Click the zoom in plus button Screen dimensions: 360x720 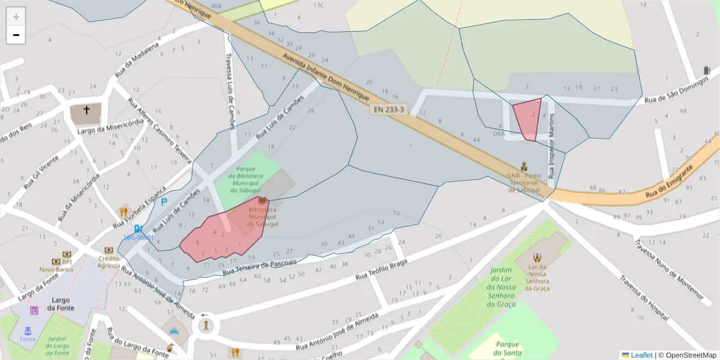[16, 17]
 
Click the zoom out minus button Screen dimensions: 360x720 [16, 35]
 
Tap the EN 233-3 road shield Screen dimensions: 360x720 [389, 110]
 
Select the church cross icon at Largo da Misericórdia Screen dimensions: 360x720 [86, 110]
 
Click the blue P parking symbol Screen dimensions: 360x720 [164, 202]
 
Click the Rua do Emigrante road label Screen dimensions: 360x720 [671, 185]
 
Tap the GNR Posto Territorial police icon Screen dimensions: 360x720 [523, 166]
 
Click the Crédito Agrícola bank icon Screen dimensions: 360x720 [109, 250]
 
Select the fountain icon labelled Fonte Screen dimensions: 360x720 [28, 330]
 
